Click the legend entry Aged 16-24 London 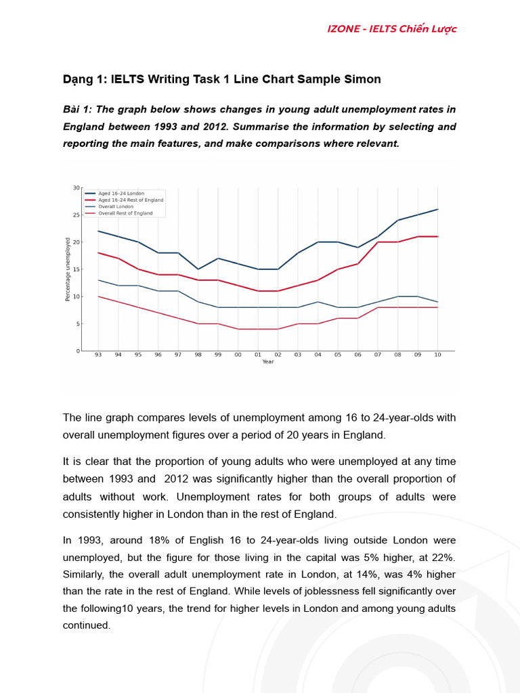point(121,194)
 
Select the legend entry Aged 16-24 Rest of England point(131,200)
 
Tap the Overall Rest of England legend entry point(125,213)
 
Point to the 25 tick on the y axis point(77,215)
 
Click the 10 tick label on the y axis point(77,296)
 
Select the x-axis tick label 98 point(198,355)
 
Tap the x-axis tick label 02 point(278,355)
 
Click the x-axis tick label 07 point(377,355)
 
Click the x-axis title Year point(268,362)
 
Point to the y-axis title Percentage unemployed point(68,269)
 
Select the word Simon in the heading point(364,79)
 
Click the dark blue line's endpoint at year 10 point(437,209)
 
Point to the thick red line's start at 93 point(98,253)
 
